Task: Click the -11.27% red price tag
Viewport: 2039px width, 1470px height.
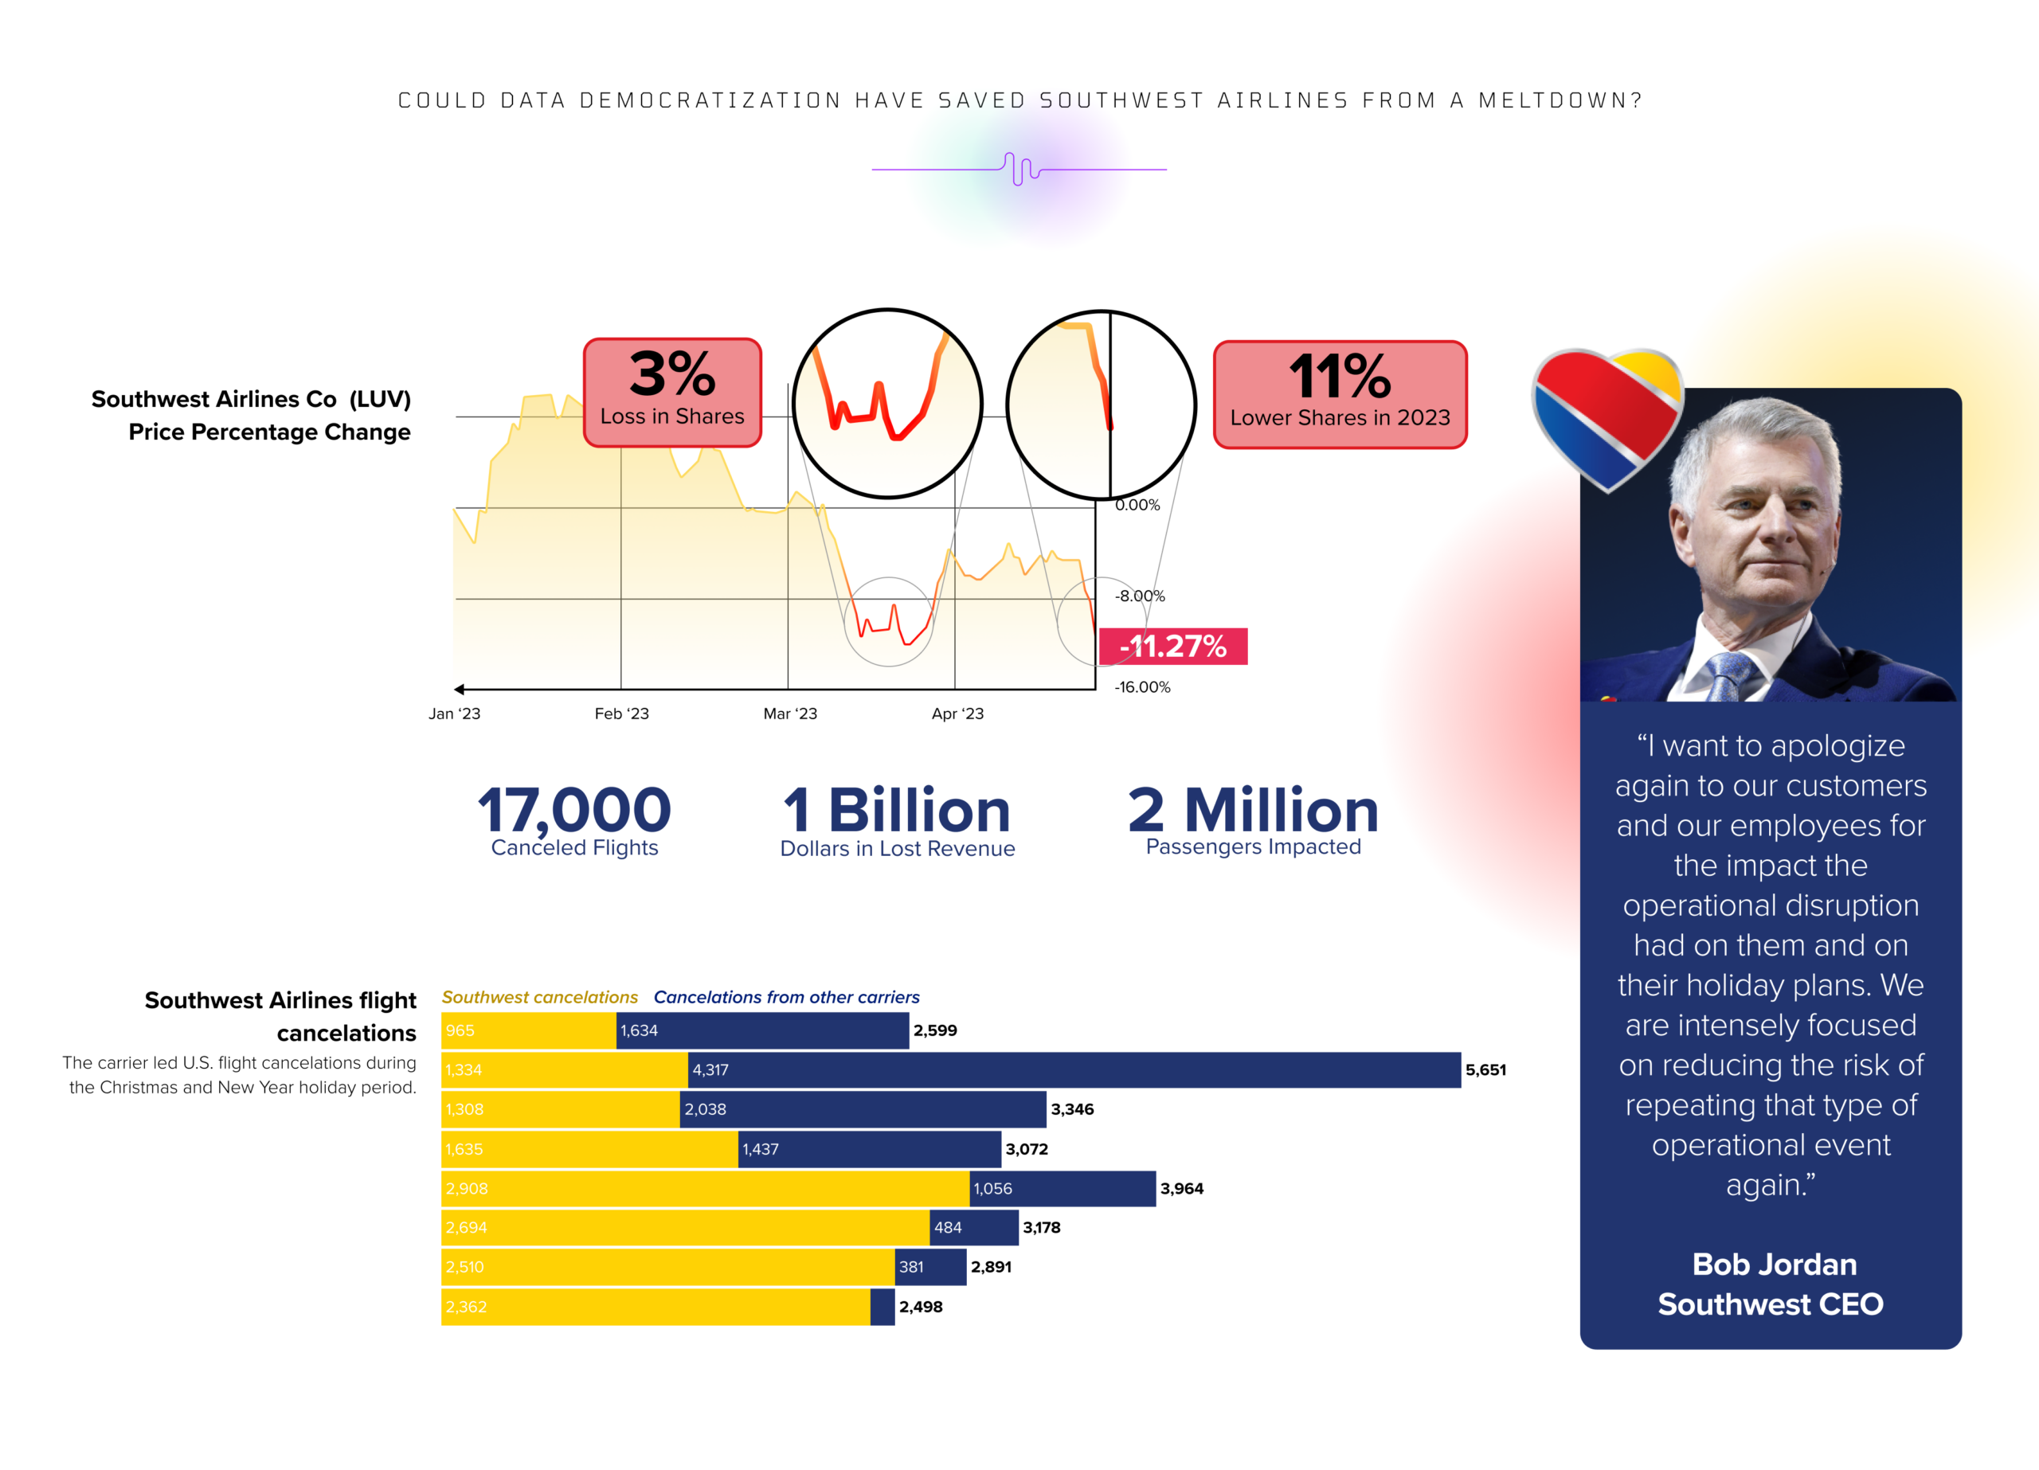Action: (1172, 646)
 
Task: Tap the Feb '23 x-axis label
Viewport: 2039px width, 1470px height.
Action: (621, 713)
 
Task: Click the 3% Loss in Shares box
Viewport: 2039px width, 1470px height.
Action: (672, 393)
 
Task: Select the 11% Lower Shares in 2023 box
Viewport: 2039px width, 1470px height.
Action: (1340, 394)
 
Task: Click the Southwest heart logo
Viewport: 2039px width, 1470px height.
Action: (1606, 414)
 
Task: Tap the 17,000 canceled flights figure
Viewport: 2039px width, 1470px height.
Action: (573, 810)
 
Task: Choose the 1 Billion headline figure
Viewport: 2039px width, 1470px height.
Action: (896, 810)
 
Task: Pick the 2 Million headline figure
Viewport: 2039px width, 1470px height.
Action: (1252, 810)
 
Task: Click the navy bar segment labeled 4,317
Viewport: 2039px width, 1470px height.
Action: (1074, 1070)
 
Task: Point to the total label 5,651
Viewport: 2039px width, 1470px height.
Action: (1485, 1070)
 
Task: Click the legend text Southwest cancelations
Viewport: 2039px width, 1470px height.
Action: (539, 997)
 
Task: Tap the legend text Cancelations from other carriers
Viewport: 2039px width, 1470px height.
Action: (786, 997)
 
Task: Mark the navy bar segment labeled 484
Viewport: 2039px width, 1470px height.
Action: (973, 1227)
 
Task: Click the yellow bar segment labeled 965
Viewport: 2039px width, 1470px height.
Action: (529, 1030)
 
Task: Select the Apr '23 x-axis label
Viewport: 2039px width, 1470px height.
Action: (957, 713)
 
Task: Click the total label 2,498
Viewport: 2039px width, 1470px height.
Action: (921, 1307)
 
